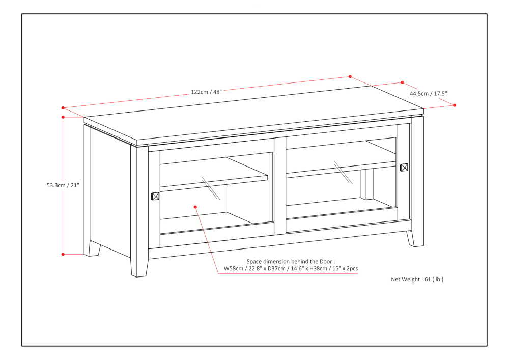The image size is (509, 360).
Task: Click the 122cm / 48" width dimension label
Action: click(206, 92)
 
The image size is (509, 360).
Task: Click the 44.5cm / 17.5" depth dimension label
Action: click(429, 94)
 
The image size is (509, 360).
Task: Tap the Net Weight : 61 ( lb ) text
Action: click(417, 279)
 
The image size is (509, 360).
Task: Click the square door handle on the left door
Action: click(156, 196)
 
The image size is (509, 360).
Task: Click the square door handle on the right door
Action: click(404, 167)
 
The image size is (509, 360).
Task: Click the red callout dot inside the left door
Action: click(195, 206)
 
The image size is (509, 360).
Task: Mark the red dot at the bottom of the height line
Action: click(63, 254)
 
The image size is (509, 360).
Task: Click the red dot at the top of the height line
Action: click(63, 117)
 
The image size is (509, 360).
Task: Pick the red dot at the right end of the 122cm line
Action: click(350, 76)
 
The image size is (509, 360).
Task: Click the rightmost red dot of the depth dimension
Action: click(455, 105)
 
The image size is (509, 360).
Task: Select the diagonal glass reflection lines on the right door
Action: click(343, 173)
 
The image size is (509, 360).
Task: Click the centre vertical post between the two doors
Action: click(279, 186)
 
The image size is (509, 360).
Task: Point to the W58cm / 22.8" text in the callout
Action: click(243, 268)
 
